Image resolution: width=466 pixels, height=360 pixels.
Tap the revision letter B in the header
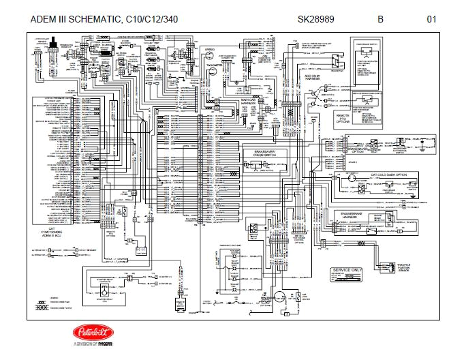tap(381, 19)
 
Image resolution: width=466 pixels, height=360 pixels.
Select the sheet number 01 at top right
tap(431, 19)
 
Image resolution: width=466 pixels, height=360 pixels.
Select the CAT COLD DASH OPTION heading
tap(392, 175)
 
